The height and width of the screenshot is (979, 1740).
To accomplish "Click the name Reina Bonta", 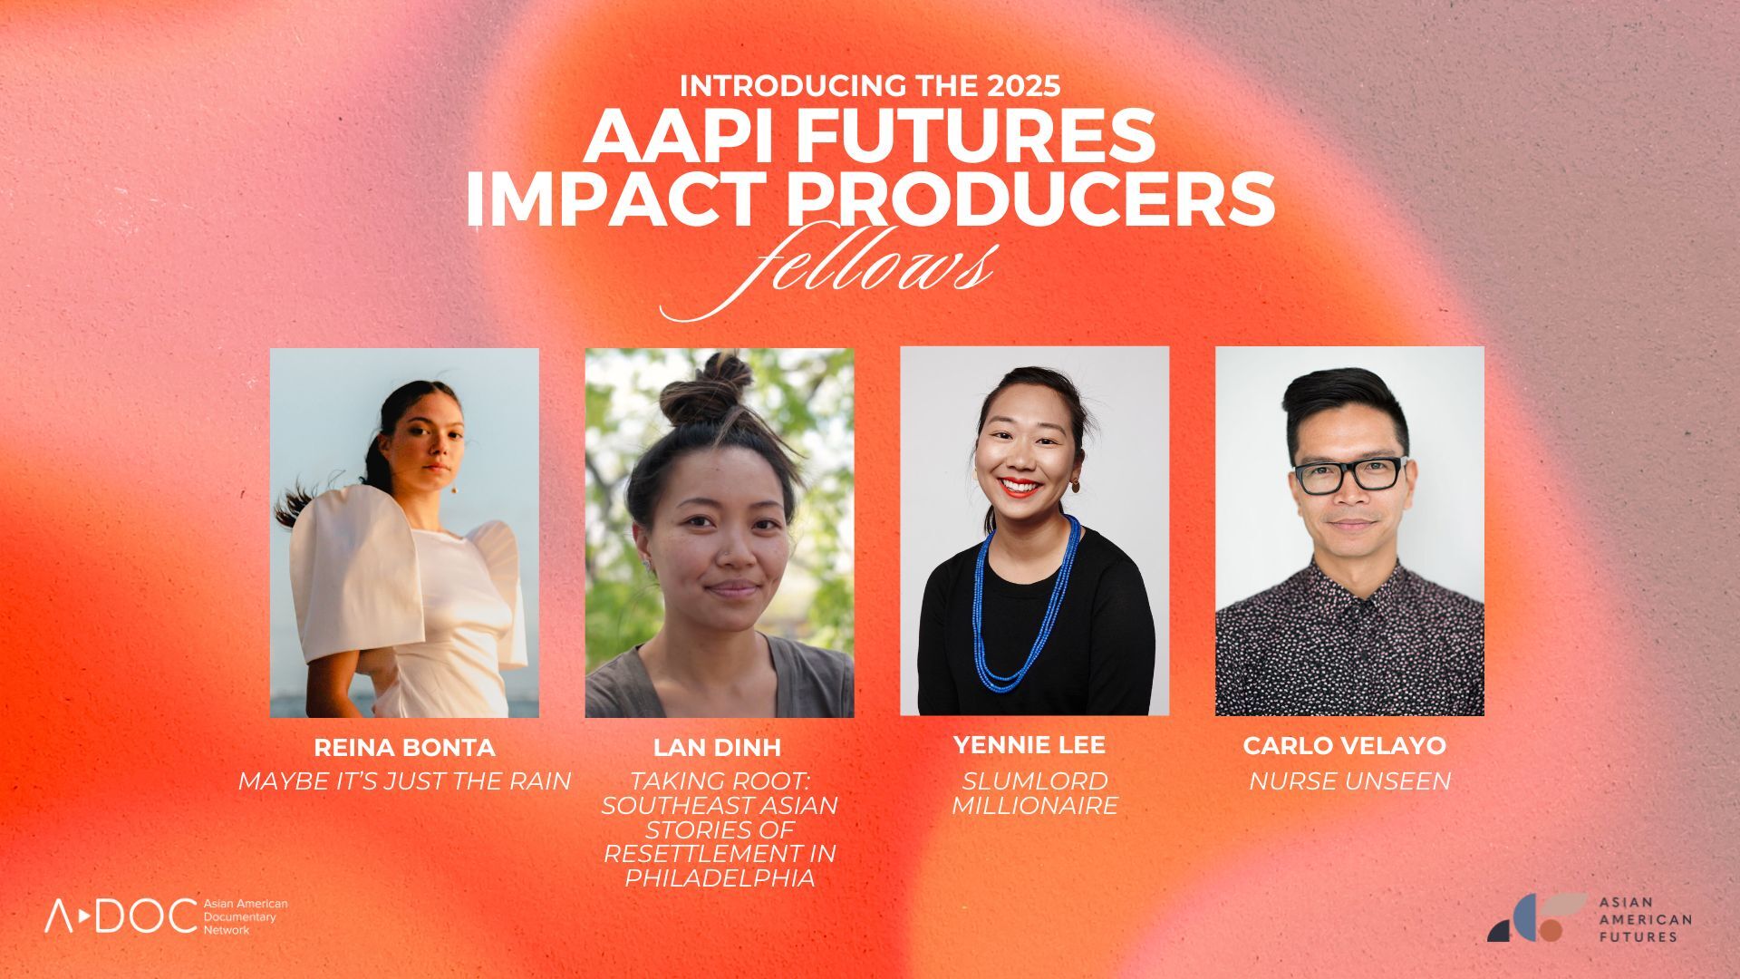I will tap(404, 748).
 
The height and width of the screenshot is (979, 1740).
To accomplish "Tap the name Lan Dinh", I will tap(717, 748).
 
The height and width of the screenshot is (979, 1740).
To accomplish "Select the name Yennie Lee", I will tap(1029, 745).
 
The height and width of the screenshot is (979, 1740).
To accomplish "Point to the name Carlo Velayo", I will tap(1345, 746).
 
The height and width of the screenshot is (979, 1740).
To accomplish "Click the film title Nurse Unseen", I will tap(1349, 780).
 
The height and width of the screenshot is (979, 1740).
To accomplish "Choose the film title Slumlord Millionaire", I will tap(1034, 793).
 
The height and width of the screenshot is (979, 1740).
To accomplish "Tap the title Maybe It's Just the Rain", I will tap(404, 780).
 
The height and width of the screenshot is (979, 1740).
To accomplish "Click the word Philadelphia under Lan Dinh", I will tap(720, 878).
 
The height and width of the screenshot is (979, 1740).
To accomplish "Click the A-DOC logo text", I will tap(121, 916).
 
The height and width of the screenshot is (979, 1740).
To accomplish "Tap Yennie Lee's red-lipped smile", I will tap(1021, 488).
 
